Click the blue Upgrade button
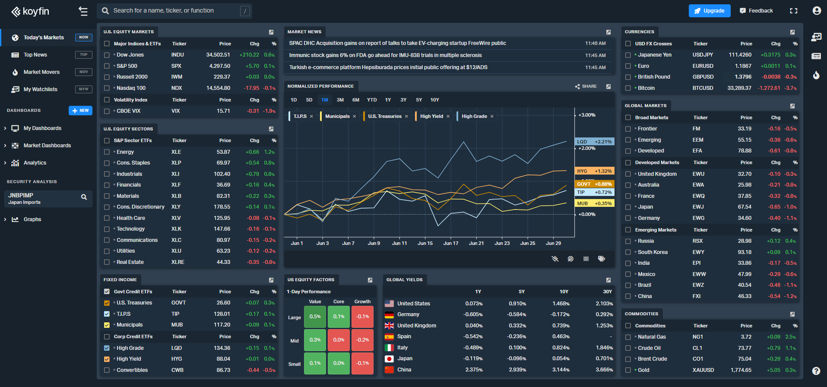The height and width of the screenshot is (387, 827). (x=709, y=11)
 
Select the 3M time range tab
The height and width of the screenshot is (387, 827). (x=340, y=100)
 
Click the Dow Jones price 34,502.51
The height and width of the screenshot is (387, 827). (x=218, y=55)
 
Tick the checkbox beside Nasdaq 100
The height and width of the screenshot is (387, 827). (x=107, y=88)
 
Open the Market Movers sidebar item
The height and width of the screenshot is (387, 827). (x=41, y=72)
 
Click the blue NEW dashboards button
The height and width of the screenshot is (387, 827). (x=80, y=111)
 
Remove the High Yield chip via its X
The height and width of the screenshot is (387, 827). (x=448, y=116)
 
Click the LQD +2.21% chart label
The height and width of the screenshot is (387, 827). (x=594, y=142)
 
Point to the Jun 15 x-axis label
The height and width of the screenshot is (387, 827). (x=425, y=243)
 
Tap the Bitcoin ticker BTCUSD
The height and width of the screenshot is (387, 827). (x=703, y=88)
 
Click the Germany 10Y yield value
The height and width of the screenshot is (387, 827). (x=560, y=314)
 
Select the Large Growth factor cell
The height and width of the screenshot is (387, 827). (x=362, y=317)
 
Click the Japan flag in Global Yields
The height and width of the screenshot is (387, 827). (x=389, y=358)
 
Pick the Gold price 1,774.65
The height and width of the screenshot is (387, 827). (x=741, y=370)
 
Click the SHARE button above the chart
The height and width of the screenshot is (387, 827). (x=586, y=86)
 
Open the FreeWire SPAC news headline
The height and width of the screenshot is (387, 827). (x=397, y=43)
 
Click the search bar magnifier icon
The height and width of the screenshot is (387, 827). (x=105, y=11)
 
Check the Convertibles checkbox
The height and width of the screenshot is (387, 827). (x=107, y=370)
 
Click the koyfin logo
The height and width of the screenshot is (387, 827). (x=30, y=11)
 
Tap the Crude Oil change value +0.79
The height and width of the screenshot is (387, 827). (x=773, y=348)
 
